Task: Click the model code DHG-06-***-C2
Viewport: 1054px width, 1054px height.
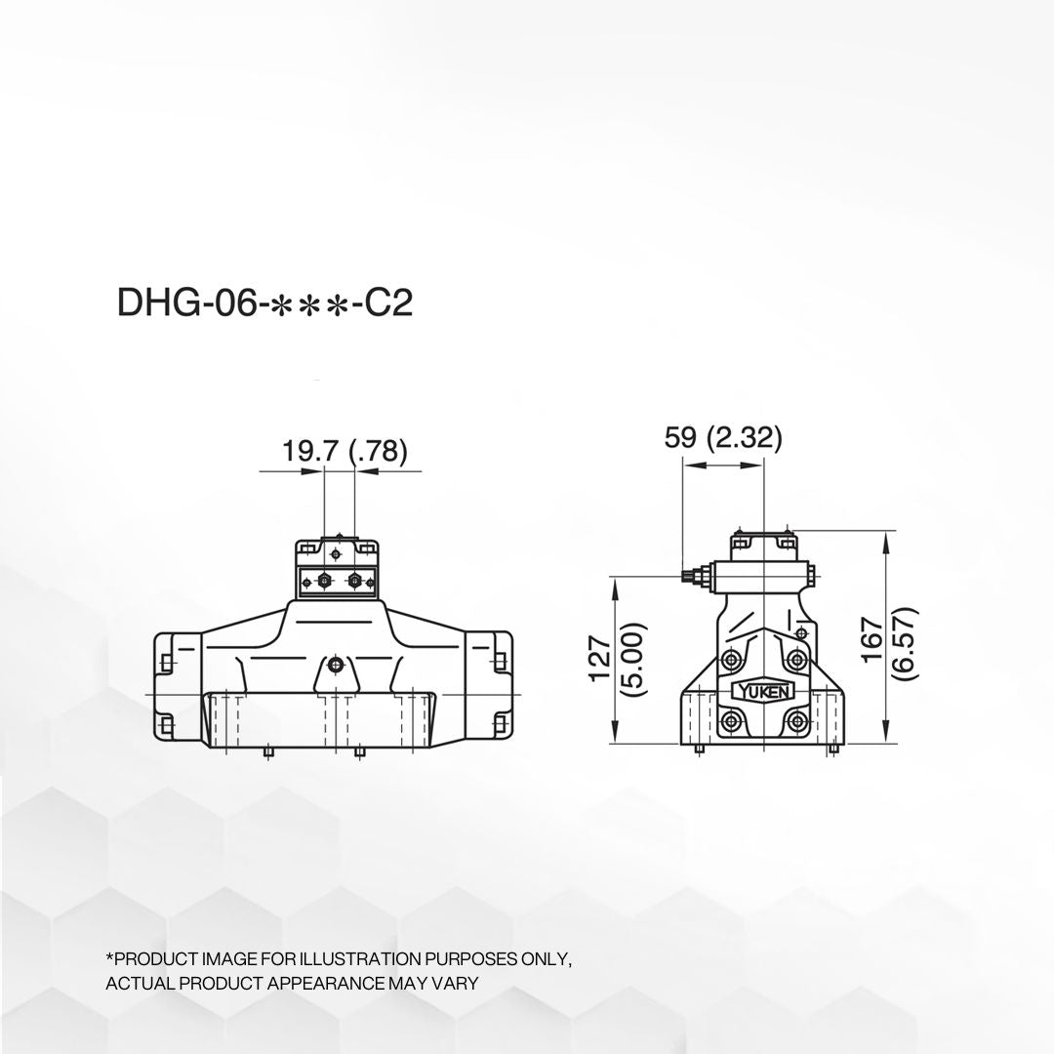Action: coord(264,303)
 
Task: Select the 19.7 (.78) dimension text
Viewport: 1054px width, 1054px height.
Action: coord(344,450)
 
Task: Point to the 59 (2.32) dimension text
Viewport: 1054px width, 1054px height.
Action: coord(722,437)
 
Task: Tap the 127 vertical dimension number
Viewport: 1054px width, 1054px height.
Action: coord(599,659)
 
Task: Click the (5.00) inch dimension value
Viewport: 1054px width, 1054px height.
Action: coord(634,659)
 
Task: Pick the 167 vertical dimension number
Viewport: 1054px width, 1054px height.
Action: coord(872,639)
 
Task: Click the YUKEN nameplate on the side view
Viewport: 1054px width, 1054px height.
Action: coord(764,690)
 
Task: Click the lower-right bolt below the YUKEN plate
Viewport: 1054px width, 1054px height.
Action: coord(797,722)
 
